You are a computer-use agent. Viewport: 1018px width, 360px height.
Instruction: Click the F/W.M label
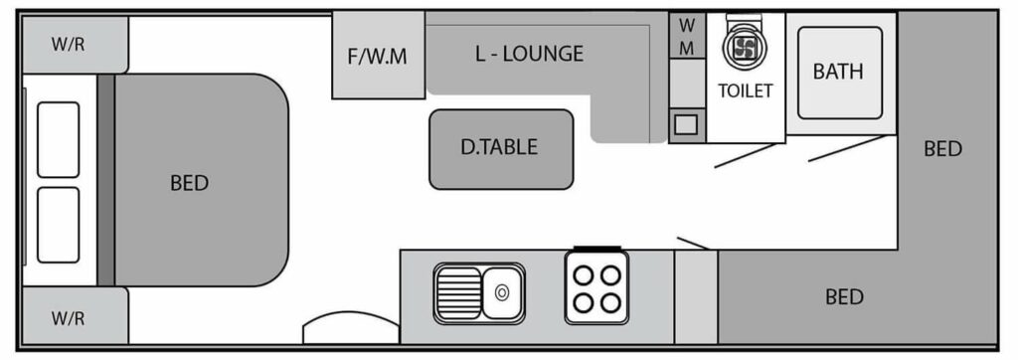tap(377, 57)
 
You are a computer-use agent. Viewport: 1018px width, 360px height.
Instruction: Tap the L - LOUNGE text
tap(529, 54)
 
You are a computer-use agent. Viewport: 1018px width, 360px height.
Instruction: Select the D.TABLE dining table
tap(501, 149)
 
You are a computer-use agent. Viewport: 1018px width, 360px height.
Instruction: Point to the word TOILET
tap(746, 90)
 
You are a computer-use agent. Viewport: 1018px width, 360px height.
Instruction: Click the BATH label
tap(838, 72)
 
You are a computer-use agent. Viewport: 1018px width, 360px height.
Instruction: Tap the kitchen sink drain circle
tap(501, 293)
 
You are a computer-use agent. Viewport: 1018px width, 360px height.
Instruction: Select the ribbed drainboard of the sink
tap(458, 293)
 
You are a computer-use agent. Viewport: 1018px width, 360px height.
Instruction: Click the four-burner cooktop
tap(596, 286)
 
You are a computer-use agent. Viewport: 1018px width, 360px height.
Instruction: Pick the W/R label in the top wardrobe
tap(69, 46)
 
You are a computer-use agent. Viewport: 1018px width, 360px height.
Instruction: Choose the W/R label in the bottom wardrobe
tap(69, 318)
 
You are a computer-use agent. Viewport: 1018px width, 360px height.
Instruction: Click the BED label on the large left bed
tap(189, 183)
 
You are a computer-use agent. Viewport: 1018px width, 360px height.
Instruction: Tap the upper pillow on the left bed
tap(58, 139)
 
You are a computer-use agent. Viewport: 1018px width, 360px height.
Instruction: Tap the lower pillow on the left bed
tap(58, 225)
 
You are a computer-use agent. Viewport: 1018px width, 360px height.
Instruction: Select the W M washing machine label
tap(687, 37)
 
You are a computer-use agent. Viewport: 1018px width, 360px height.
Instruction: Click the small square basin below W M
tap(686, 123)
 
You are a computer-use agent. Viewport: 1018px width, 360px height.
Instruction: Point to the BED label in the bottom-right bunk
tap(845, 297)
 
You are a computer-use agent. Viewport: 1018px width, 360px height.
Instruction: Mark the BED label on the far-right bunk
tap(942, 149)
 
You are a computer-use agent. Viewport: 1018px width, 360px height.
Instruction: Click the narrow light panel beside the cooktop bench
tap(696, 296)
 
